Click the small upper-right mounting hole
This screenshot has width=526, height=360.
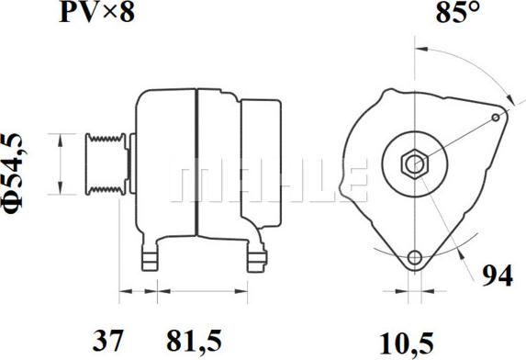497,118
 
